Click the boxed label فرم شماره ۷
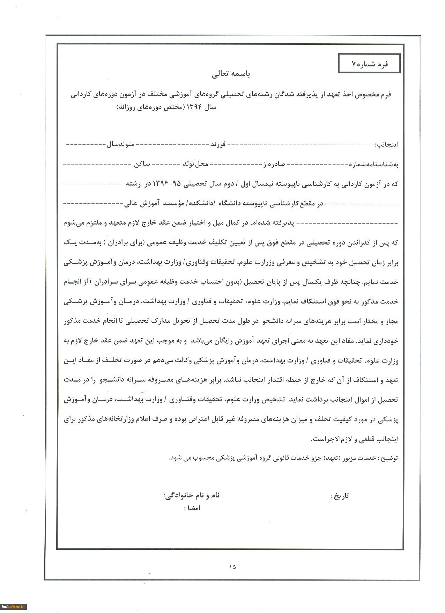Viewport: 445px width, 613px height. pos(370,64)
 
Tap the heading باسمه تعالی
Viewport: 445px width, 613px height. pos(231,74)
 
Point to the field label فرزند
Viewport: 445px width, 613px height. pos(217,144)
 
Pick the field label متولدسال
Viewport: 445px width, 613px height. pos(120,144)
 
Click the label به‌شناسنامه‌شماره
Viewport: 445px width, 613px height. pos(373,165)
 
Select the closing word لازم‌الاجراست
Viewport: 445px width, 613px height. pos(331,439)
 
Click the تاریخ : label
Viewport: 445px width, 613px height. pos(339,496)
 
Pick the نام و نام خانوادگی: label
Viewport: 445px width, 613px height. pos(192,495)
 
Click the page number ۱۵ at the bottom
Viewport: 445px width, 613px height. pos(232,567)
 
